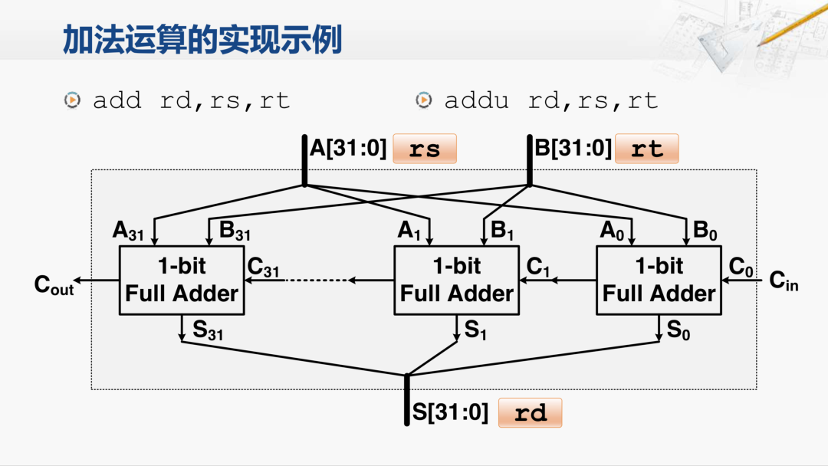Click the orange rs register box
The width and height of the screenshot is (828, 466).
click(x=424, y=148)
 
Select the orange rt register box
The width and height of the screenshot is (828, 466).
click(x=647, y=148)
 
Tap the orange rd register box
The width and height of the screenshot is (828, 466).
click(x=530, y=413)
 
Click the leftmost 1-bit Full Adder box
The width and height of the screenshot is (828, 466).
click(x=182, y=281)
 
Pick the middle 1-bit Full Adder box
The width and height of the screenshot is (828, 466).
click(x=456, y=281)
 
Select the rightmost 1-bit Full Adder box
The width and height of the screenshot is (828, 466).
click(x=659, y=281)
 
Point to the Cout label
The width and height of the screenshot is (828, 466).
click(x=54, y=285)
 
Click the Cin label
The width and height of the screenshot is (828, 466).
click(x=783, y=282)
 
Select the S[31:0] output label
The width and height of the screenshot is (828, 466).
click(x=450, y=412)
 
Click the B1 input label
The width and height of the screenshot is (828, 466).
click(x=501, y=231)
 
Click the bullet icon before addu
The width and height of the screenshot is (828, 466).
click(x=423, y=100)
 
